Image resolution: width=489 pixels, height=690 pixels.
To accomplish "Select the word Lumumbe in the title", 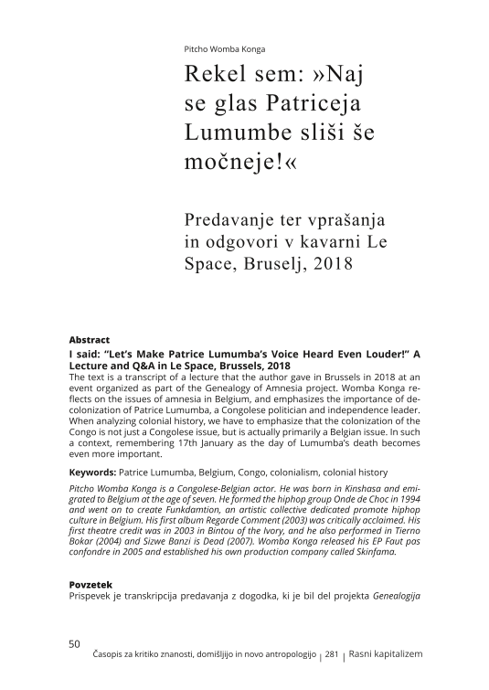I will click(x=230, y=133).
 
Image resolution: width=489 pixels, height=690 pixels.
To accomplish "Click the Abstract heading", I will click(x=89, y=339).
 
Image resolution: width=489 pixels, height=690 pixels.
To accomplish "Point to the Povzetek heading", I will click(x=92, y=584).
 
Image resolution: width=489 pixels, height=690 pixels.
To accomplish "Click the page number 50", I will click(x=75, y=643).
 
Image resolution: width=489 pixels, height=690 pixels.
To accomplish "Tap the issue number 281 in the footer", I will click(x=333, y=655).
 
